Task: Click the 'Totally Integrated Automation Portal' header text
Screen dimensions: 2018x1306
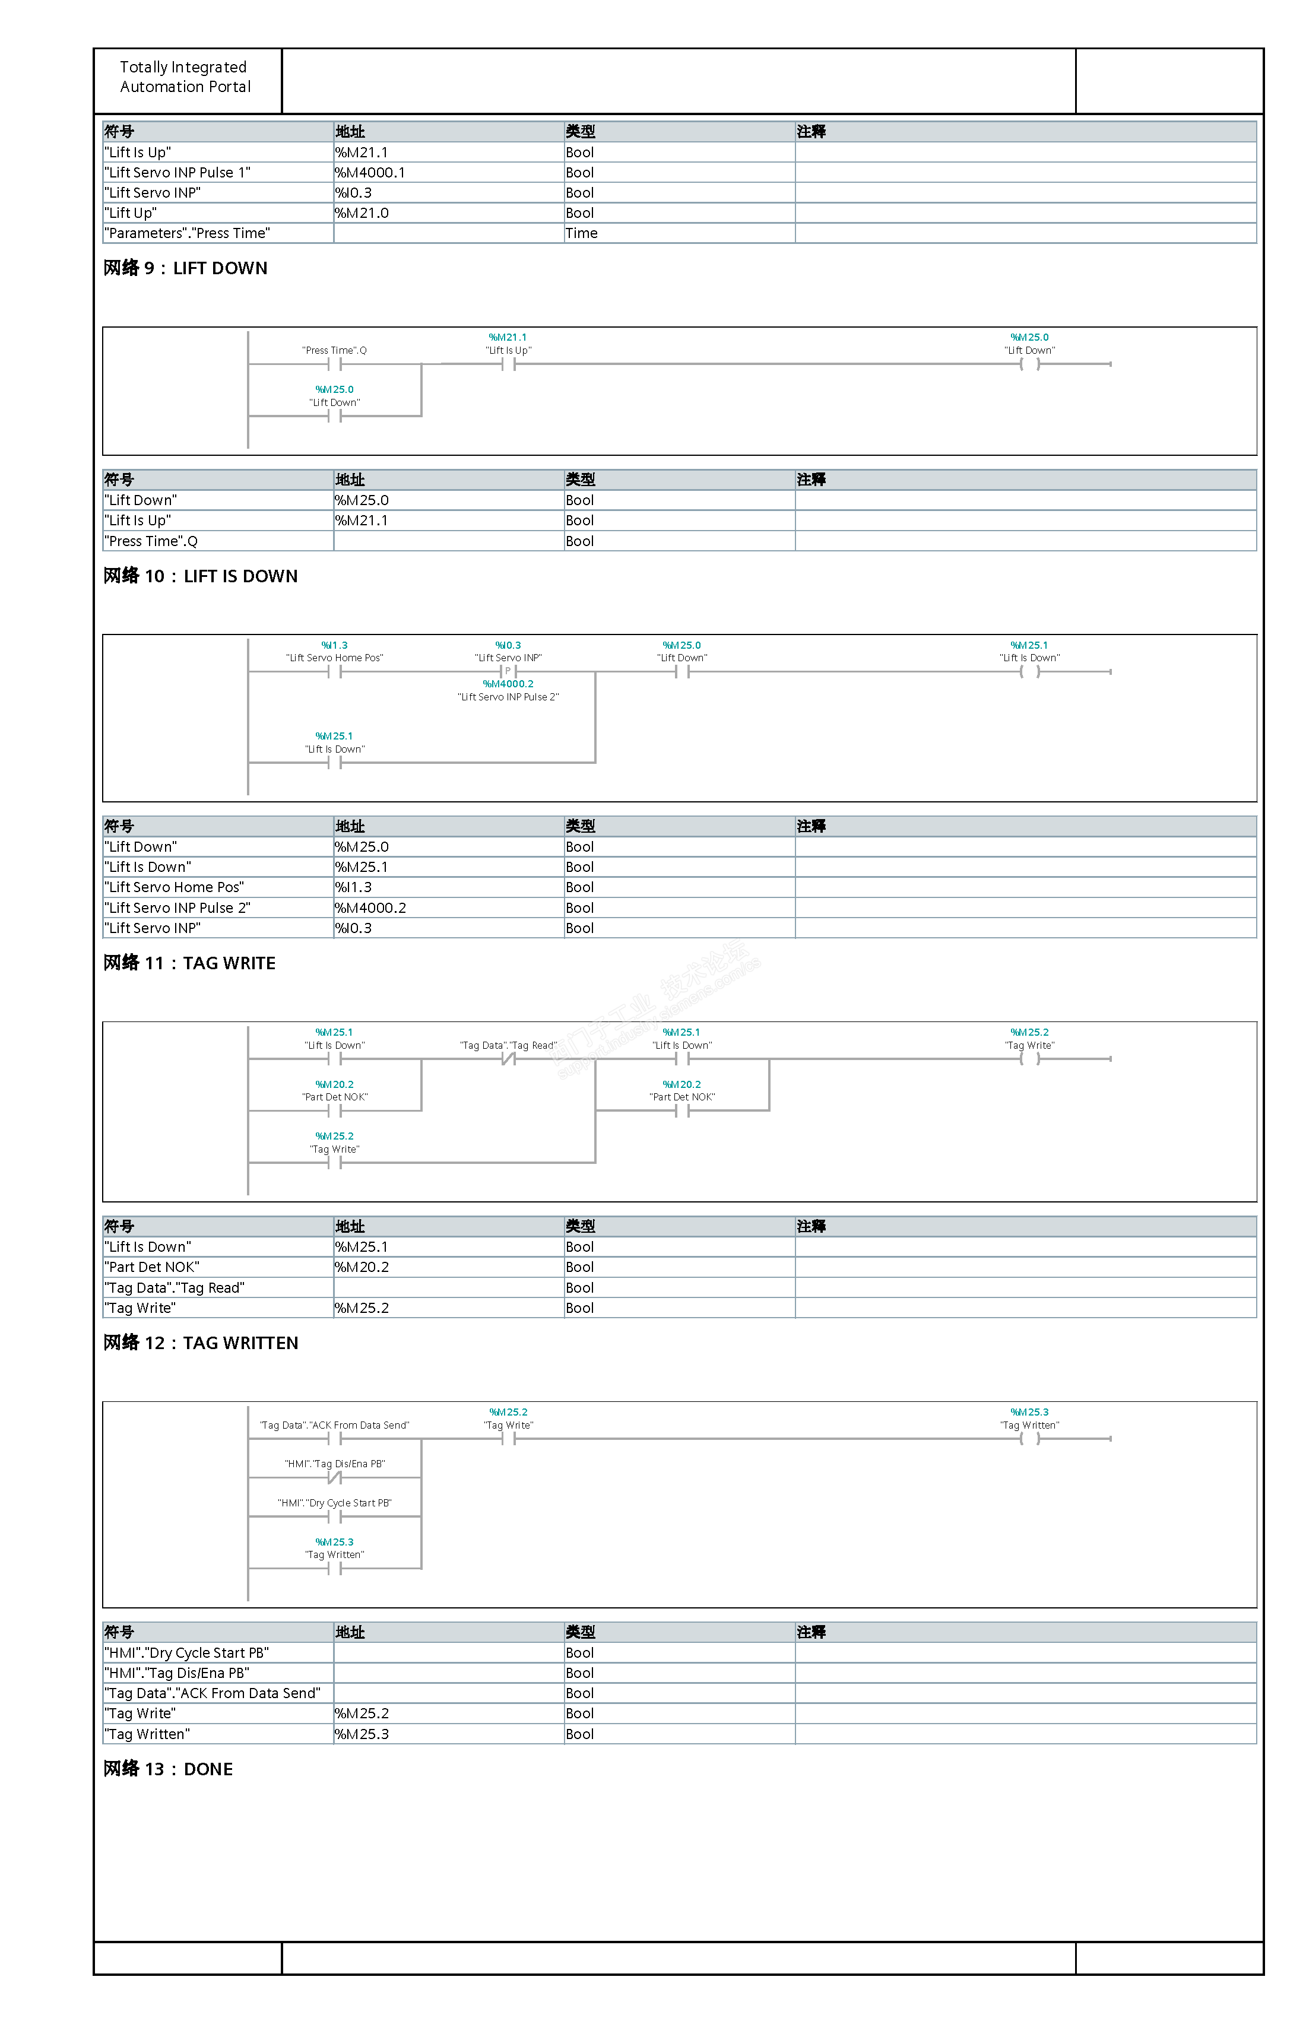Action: click(185, 77)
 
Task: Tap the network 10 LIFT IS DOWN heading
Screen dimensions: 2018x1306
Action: click(200, 576)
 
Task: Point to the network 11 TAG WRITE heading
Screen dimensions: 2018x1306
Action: click(189, 963)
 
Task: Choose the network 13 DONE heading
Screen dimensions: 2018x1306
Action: click(168, 1769)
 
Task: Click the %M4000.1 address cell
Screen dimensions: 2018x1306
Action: click(370, 173)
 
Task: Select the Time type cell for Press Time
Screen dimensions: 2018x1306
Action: click(582, 233)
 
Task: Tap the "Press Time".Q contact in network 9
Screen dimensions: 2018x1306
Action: click(334, 364)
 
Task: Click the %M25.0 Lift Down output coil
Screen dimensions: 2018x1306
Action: click(1029, 364)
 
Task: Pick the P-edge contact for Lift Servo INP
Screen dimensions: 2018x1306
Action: click(508, 671)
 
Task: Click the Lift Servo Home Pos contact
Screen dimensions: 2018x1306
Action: click(334, 671)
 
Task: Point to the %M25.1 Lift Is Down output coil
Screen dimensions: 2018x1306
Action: click(1029, 671)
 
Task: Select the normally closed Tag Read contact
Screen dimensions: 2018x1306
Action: click(508, 1059)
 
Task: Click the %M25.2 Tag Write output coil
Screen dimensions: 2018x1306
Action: click(1029, 1059)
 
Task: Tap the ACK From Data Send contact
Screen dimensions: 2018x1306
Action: click(334, 1439)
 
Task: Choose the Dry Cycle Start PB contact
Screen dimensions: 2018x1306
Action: click(334, 1517)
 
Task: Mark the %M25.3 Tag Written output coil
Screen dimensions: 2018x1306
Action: click(1029, 1439)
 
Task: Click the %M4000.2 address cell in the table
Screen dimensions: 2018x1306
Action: click(370, 908)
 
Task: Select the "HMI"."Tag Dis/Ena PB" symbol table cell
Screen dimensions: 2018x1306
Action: click(177, 1673)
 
